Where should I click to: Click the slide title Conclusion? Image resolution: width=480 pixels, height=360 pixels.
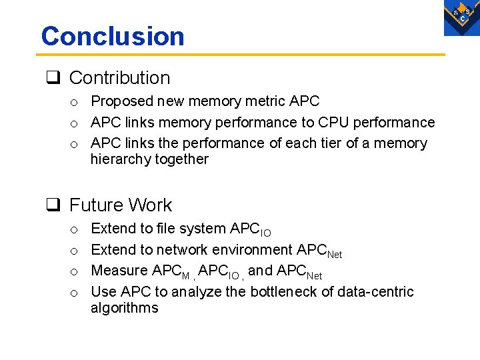tap(113, 36)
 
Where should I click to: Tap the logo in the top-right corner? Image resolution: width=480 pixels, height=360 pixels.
tap(462, 17)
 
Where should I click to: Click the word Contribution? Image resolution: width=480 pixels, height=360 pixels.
tap(119, 78)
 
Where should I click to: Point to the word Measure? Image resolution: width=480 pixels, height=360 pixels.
tap(119, 271)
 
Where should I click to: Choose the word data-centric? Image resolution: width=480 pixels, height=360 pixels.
tap(376, 292)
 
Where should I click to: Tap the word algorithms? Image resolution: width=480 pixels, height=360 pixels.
tap(125, 308)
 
